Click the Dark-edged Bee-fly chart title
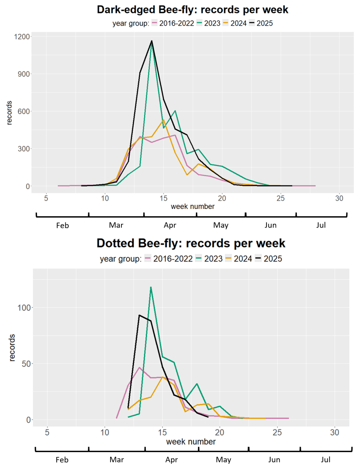[x=192, y=10]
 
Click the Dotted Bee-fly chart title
[x=191, y=243]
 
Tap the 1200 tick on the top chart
[x=21, y=37]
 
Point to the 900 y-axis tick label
[x=24, y=74]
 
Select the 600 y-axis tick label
[x=24, y=111]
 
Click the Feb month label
[x=63, y=225]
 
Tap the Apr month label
[x=170, y=225]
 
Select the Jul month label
[x=321, y=225]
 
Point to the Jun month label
[x=270, y=225]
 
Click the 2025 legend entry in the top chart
[x=265, y=23]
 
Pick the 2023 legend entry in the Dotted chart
[x=213, y=259]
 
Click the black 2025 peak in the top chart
[x=151, y=41]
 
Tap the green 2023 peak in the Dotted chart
[x=151, y=287]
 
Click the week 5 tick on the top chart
[x=46, y=198]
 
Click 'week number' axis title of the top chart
[x=192, y=206]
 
